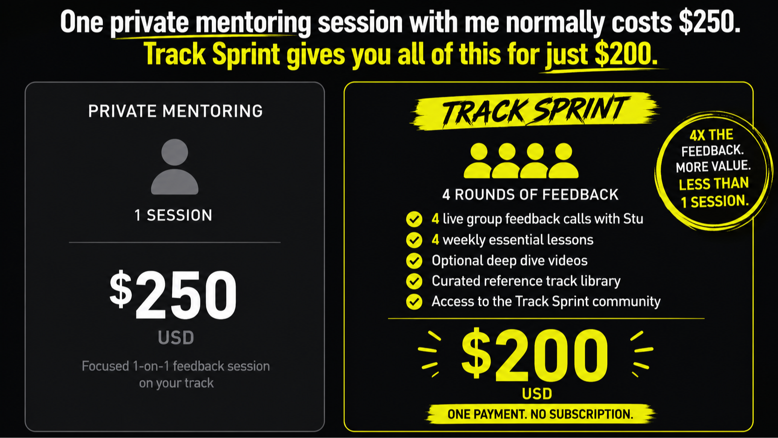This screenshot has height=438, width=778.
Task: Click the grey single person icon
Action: coord(174,167)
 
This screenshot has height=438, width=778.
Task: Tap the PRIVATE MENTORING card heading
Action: coord(175,111)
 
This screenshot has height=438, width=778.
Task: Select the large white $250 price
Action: coord(173,295)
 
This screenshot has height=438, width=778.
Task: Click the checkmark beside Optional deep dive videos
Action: coord(414,261)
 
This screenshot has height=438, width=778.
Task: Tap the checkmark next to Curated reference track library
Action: coord(414,281)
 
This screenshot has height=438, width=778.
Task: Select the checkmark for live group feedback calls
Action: coord(414,220)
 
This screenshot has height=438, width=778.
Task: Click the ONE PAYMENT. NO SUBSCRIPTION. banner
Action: coord(540,414)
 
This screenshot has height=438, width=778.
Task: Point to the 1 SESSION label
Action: coord(173,216)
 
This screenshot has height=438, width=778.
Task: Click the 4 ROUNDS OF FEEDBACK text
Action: coord(530,195)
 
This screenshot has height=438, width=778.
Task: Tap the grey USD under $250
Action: coord(176,337)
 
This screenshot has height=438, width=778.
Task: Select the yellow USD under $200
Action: coord(537,394)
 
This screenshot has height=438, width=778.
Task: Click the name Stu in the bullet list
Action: coord(633,219)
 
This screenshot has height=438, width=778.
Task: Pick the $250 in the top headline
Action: coord(710,22)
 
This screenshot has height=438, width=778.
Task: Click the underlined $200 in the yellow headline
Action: coord(626,54)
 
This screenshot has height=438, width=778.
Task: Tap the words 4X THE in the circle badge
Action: coord(711,135)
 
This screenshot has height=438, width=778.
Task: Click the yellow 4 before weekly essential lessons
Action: coord(435,240)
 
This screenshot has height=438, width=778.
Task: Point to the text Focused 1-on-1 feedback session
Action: coord(176,366)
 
